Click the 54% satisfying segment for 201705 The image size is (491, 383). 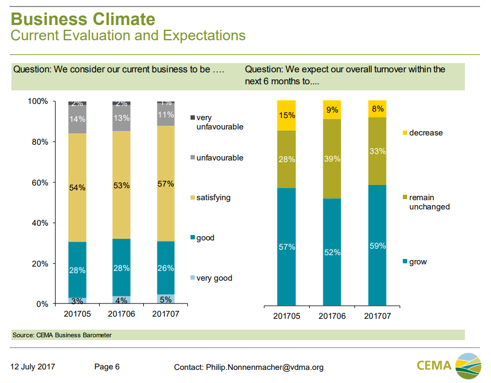77,187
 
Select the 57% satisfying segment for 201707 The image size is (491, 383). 166,183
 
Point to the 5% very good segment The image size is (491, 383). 166,299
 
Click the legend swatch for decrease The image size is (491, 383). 404,133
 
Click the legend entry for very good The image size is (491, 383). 214,278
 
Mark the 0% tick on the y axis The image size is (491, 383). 41,304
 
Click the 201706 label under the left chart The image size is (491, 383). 121,314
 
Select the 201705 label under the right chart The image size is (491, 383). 286,316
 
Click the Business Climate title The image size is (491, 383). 83,19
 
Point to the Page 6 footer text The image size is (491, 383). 107,367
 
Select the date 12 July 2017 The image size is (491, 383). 33,367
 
